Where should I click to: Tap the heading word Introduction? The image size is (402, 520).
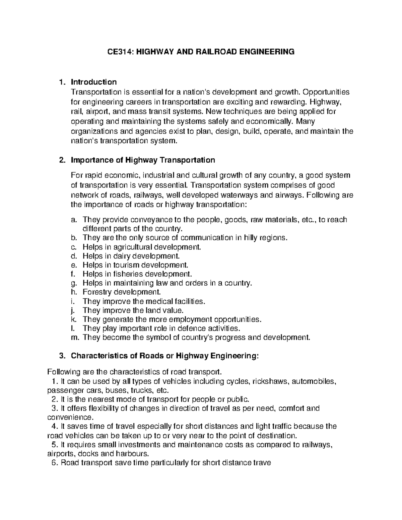94,82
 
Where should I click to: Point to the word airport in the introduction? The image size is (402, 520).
98,112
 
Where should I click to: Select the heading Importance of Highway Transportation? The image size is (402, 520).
143,160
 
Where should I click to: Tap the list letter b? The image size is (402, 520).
74,238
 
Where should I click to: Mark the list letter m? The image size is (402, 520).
75,337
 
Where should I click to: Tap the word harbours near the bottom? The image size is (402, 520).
131,454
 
